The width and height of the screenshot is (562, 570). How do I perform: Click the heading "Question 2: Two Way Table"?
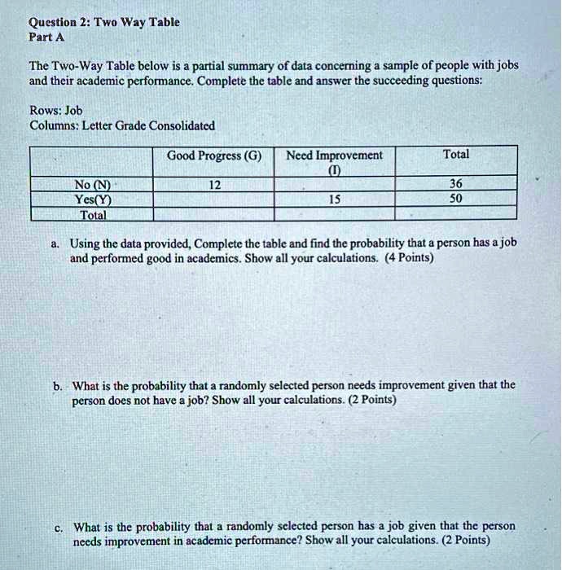click(x=103, y=22)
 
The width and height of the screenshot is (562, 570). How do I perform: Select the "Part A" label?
click(x=46, y=37)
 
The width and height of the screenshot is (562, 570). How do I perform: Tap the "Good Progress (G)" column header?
click(x=213, y=156)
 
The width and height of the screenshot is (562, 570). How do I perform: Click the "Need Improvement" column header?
click(x=334, y=156)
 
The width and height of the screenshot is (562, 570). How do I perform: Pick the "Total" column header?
click(x=455, y=154)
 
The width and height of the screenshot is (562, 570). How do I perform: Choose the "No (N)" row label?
click(x=91, y=184)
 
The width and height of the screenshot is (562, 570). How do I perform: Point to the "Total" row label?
click(x=92, y=214)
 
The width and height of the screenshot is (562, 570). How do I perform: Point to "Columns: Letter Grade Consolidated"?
click(x=122, y=125)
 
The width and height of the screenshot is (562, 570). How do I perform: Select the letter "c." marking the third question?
click(x=58, y=527)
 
